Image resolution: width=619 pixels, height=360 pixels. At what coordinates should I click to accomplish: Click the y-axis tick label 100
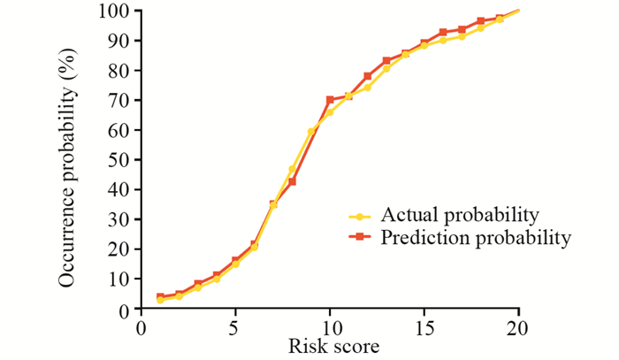tap(116, 11)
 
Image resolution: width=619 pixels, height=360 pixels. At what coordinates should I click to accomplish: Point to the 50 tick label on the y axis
tap(120, 160)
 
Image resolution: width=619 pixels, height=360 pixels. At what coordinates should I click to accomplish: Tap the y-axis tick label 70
tap(120, 100)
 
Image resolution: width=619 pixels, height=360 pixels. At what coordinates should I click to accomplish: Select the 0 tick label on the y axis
tap(125, 309)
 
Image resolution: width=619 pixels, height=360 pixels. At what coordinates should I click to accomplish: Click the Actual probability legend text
tap(460, 215)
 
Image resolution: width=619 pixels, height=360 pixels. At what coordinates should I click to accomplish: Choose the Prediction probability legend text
tap(476, 237)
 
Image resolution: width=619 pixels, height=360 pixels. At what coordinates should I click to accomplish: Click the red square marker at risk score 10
tap(330, 100)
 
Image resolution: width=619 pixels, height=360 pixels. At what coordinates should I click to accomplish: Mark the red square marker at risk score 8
tap(292, 181)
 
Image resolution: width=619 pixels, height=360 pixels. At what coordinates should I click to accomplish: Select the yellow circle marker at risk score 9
tap(310, 132)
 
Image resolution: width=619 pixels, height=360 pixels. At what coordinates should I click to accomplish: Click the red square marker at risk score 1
tap(160, 297)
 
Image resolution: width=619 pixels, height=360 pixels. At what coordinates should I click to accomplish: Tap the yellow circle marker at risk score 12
tap(367, 88)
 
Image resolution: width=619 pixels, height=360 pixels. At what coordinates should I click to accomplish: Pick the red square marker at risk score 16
tap(443, 32)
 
